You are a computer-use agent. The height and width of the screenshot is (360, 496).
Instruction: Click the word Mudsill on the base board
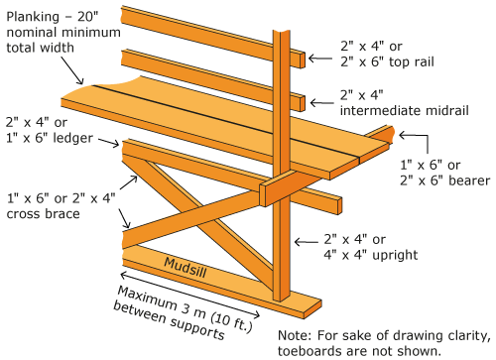tap(186, 268)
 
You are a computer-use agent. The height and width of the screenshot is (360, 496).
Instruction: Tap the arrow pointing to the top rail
tap(320, 59)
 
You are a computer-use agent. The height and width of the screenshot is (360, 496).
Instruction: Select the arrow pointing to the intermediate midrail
tap(321, 103)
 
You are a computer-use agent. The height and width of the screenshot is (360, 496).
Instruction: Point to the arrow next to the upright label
tap(307, 242)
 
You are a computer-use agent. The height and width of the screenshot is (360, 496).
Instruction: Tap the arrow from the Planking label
tap(72, 70)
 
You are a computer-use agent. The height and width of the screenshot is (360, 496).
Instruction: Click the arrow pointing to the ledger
tap(109, 142)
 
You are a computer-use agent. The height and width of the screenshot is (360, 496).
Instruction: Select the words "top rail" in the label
tap(411, 61)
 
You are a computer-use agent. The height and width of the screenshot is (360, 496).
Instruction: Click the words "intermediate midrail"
tap(404, 110)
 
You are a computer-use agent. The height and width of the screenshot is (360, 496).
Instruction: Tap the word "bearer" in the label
tap(469, 180)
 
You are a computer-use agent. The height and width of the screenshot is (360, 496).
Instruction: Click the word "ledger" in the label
tap(73, 138)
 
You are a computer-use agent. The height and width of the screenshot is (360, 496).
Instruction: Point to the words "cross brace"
tap(44, 214)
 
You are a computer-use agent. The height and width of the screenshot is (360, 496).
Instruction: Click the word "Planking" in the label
tap(33, 17)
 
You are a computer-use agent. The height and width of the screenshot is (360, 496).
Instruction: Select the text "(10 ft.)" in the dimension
tap(232, 322)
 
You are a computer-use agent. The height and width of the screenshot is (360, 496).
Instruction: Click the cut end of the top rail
tap(303, 60)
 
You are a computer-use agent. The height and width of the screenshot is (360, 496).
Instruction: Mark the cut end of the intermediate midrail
tap(303, 103)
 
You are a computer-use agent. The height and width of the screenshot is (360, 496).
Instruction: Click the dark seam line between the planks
tap(226, 121)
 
